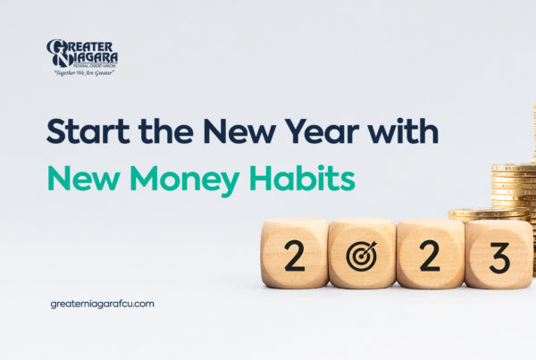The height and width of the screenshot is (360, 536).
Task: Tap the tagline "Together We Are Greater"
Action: click(84, 73)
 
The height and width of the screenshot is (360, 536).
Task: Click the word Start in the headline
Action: click(88, 131)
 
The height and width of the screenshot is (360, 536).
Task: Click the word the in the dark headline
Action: click(166, 130)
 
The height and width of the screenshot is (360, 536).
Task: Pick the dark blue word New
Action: click(239, 131)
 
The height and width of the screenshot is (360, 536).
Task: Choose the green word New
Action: click(84, 178)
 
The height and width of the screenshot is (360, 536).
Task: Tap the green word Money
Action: click(185, 181)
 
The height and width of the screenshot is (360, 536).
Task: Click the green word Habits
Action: click(302, 178)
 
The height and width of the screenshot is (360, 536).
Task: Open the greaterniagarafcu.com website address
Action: click(102, 305)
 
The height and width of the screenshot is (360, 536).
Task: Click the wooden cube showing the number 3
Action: click(498, 255)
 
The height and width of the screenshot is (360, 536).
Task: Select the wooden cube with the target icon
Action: click(363, 254)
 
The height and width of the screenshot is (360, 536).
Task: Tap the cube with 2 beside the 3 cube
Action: click(431, 254)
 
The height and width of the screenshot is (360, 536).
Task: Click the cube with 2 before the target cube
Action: click(295, 254)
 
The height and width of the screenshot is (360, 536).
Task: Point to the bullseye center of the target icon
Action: click(361, 256)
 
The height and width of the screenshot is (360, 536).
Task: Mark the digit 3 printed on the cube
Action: click(499, 258)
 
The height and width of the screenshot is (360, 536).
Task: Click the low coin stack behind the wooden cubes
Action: click(489, 215)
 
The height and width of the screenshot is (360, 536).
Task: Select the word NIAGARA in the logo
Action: click(92, 57)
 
